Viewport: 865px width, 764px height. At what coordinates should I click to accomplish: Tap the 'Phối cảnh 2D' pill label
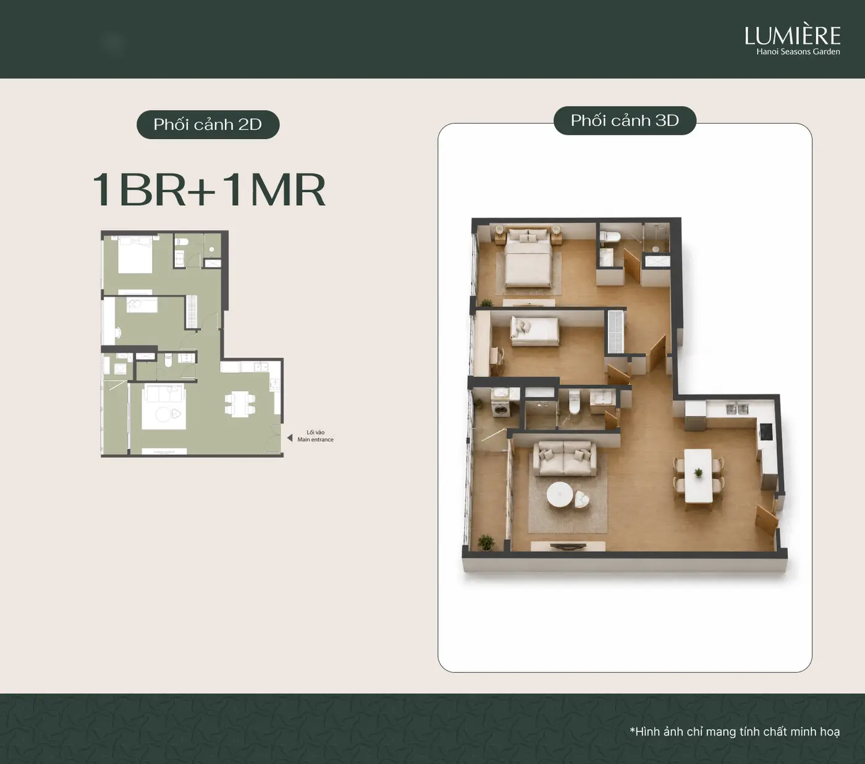pyautogui.click(x=208, y=125)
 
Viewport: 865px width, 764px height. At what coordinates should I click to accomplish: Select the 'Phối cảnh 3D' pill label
pyautogui.click(x=625, y=121)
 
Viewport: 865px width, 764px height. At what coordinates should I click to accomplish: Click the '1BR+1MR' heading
pyautogui.click(x=209, y=190)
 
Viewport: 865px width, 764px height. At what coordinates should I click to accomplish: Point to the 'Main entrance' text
pyautogui.click(x=316, y=439)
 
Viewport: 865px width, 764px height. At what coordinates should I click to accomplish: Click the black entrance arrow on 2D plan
pyautogui.click(x=290, y=438)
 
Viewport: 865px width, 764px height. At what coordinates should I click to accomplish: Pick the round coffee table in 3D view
pyautogui.click(x=560, y=495)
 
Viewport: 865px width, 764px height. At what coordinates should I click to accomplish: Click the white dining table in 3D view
pyautogui.click(x=698, y=475)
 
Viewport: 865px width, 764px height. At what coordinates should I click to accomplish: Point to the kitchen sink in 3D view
pyautogui.click(x=737, y=409)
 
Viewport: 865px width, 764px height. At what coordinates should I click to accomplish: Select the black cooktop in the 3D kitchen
pyautogui.click(x=766, y=431)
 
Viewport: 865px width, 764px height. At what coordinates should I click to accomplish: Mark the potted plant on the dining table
pyautogui.click(x=699, y=473)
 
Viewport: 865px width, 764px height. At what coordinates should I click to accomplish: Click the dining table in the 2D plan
pyautogui.click(x=240, y=404)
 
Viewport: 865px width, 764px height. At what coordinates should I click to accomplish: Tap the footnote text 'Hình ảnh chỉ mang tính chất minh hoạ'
pyautogui.click(x=737, y=731)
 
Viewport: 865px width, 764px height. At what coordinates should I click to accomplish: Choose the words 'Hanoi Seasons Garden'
pyautogui.click(x=798, y=52)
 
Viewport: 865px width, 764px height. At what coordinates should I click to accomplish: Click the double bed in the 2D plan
pyautogui.click(x=135, y=255)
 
